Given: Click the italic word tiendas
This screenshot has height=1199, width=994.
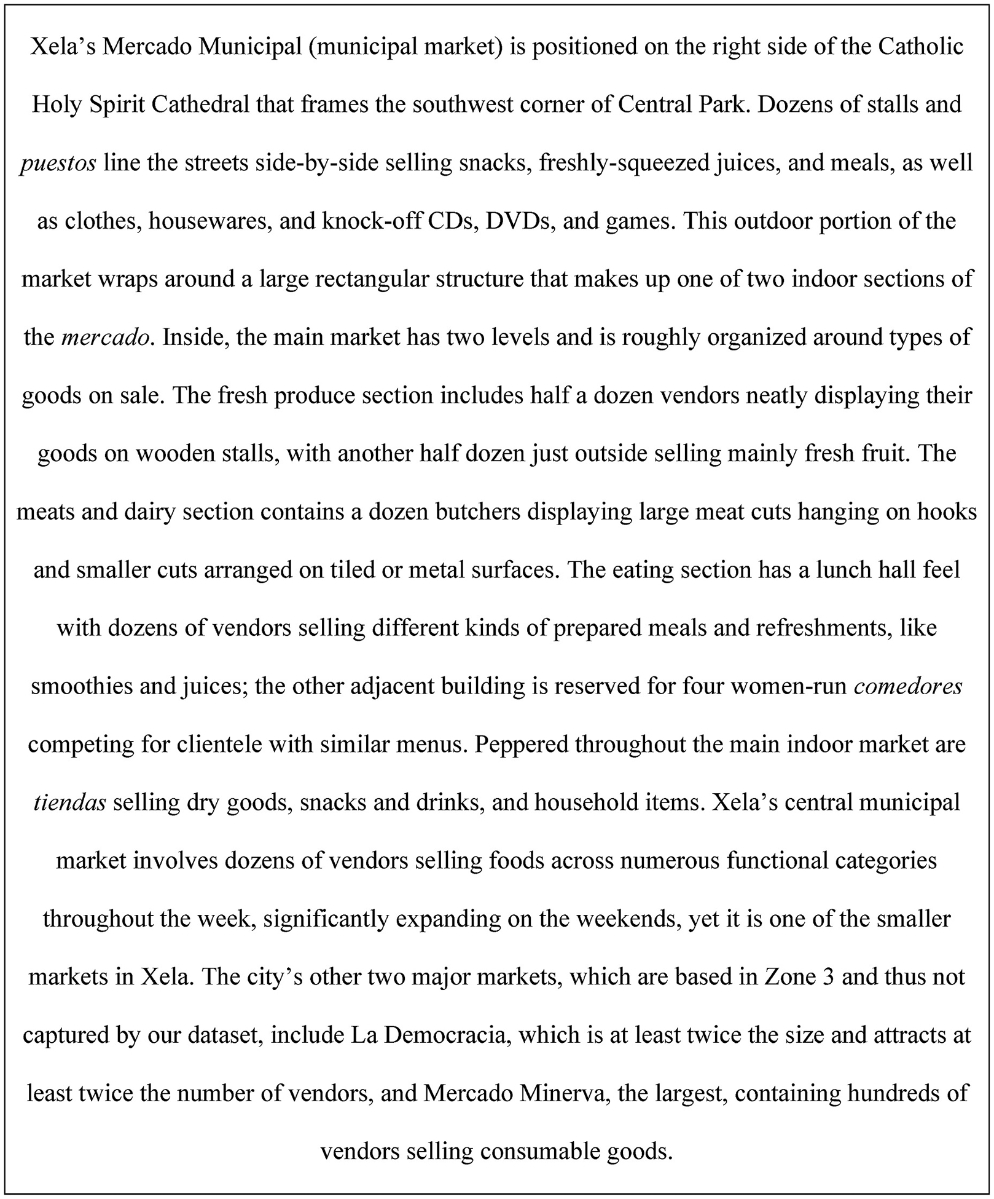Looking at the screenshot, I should pos(70,802).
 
